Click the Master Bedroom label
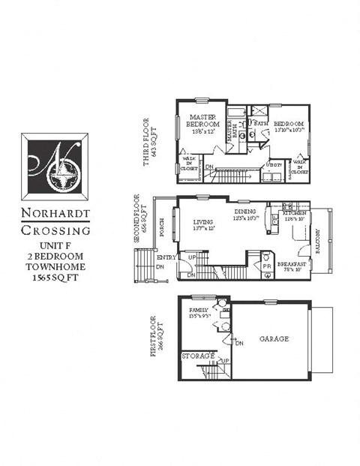coord(202,122)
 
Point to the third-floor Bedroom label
coord(288,123)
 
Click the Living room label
coord(202,222)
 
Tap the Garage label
coord(274,339)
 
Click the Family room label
coord(199,311)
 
